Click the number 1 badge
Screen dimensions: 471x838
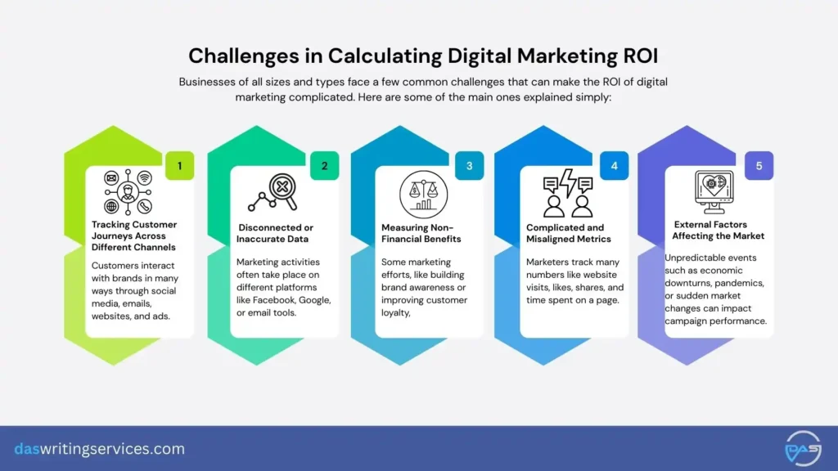pyautogui.click(x=180, y=166)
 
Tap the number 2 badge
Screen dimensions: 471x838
pyautogui.click(x=324, y=166)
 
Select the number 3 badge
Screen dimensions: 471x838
pyautogui.click(x=469, y=166)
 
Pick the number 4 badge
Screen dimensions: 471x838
pyautogui.click(x=613, y=166)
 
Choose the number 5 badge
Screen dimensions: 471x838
pyautogui.click(x=759, y=166)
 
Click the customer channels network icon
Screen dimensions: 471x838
pyautogui.click(x=128, y=193)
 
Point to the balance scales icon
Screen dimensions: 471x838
pyautogui.click(x=423, y=195)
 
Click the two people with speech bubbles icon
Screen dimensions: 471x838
pyautogui.click(x=568, y=193)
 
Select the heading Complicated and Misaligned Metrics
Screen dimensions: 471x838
pyautogui.click(x=569, y=233)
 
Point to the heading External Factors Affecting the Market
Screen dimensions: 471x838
pyautogui.click(x=719, y=230)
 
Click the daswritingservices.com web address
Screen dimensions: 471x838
pyautogui.click(x=100, y=449)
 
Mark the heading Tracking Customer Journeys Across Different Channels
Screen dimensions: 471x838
pyautogui.click(x=134, y=235)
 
